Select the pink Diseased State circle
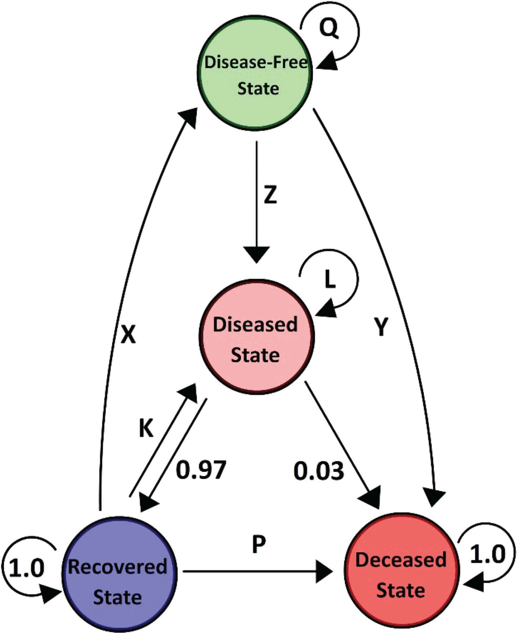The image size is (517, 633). pyautogui.click(x=256, y=337)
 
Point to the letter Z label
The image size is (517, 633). pyautogui.click(x=271, y=195)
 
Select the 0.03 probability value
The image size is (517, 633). pyautogui.click(x=319, y=471)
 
